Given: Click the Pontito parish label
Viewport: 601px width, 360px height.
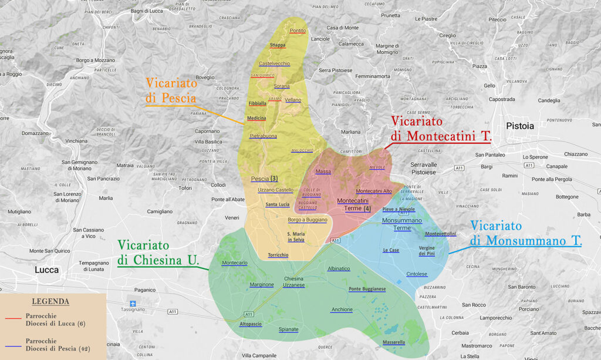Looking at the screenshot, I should click(298, 31).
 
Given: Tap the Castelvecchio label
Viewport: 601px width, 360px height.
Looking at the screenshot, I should click(275, 63).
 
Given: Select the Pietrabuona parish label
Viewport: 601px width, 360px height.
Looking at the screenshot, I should click(264, 136).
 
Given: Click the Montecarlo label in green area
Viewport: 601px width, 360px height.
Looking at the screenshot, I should click(235, 263).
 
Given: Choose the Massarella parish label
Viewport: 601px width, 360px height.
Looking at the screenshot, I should click(394, 342).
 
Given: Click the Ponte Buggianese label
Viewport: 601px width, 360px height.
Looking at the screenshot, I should click(367, 289).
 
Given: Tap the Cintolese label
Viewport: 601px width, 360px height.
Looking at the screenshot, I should click(417, 274).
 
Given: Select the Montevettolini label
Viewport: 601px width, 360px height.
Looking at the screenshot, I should click(440, 234).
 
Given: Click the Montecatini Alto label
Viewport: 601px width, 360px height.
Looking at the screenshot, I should click(374, 191).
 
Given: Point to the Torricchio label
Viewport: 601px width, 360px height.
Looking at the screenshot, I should click(278, 255).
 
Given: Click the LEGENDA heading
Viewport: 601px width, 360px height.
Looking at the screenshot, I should click(50, 301).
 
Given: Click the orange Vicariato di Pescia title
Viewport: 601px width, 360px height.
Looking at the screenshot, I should click(171, 90).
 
